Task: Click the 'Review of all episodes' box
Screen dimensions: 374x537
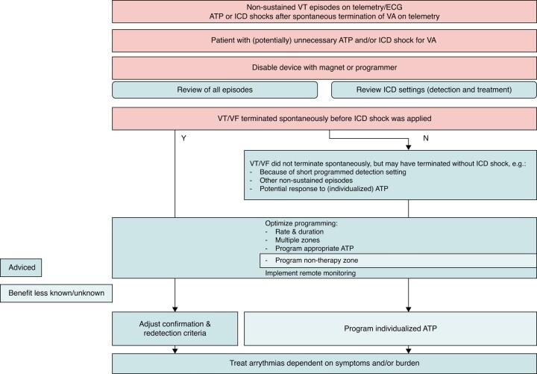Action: (219, 90)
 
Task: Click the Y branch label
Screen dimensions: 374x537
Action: (183, 137)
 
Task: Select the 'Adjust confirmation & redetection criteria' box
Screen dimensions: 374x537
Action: (176, 328)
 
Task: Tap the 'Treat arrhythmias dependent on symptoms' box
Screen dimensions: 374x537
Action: (324, 363)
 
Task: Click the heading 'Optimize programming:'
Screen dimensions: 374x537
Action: (297, 223)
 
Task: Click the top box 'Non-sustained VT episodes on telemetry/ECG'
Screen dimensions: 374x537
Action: (324, 10)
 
